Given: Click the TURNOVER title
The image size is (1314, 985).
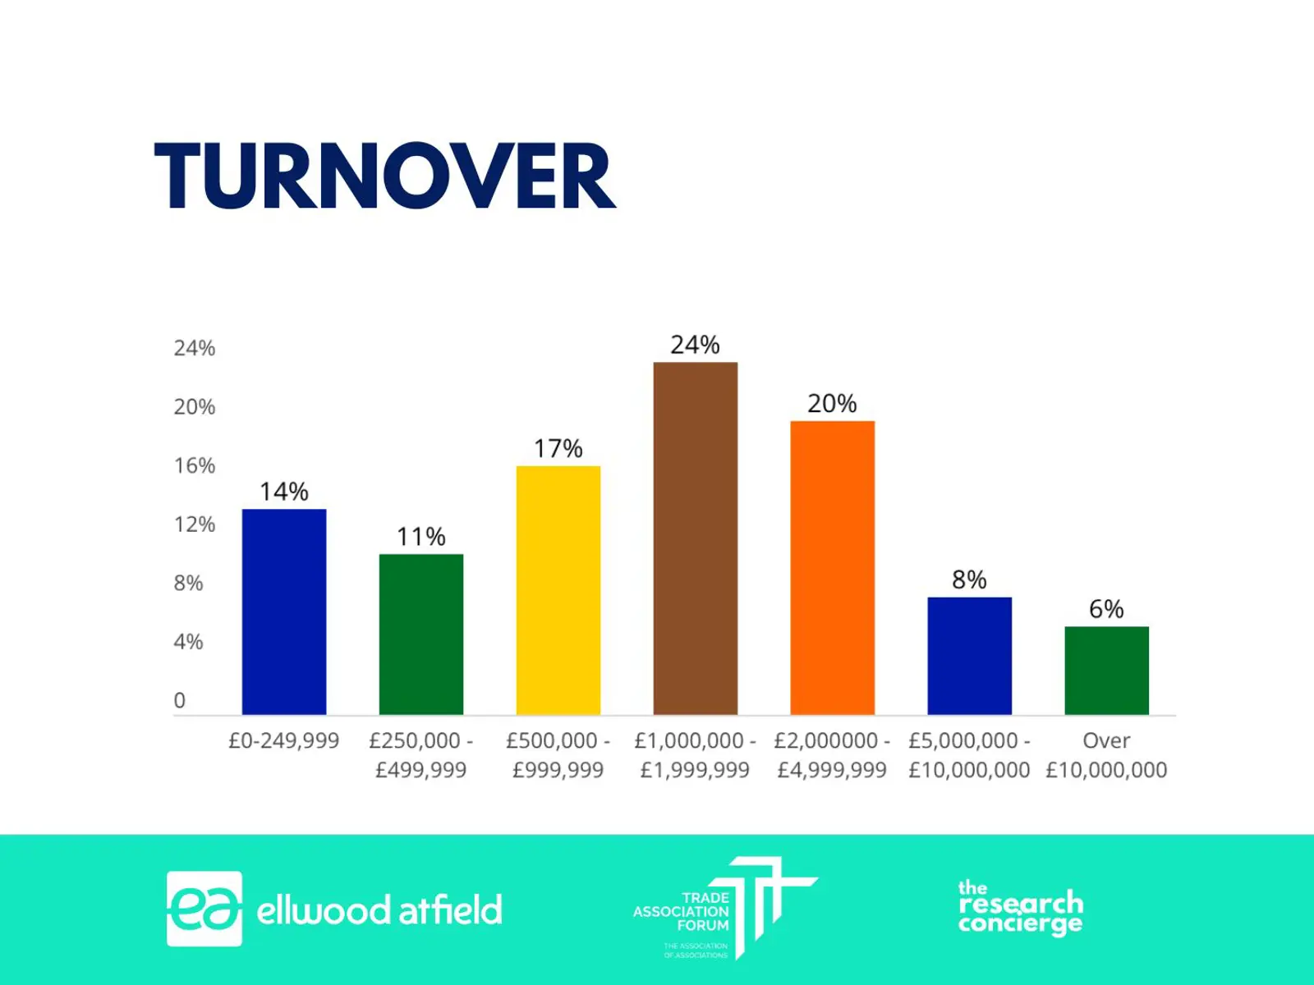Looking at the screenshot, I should click(384, 176).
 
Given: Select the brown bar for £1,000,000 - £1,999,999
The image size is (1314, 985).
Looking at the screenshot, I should click(695, 538).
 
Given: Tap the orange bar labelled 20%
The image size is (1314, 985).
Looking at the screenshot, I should click(832, 568).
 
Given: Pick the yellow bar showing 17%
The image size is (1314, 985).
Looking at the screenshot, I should click(558, 590).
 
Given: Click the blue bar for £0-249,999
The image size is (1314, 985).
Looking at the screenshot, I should click(284, 612).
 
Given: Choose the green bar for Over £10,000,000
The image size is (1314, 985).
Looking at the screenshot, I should click(1106, 670).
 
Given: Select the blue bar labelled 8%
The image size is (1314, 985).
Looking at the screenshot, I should click(969, 656).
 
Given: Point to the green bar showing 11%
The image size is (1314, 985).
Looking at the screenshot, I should click(420, 634).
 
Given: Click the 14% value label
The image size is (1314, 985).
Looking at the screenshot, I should click(284, 492).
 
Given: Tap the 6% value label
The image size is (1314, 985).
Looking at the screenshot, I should click(1106, 609).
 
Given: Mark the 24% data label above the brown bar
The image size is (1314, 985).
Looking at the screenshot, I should click(695, 345).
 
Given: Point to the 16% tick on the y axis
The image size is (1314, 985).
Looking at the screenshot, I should click(195, 465).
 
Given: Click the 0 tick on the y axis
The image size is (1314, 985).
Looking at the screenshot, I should click(180, 700).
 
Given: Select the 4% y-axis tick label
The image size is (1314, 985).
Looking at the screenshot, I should click(188, 641).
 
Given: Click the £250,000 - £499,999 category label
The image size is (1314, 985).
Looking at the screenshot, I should click(420, 755).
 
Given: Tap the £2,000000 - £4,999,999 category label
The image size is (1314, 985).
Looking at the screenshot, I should click(832, 755).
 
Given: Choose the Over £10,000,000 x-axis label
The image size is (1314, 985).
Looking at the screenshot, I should click(1106, 755).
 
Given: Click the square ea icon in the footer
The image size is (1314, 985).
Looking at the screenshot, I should click(204, 909).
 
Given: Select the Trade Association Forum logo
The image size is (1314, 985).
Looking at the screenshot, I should click(724, 909).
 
